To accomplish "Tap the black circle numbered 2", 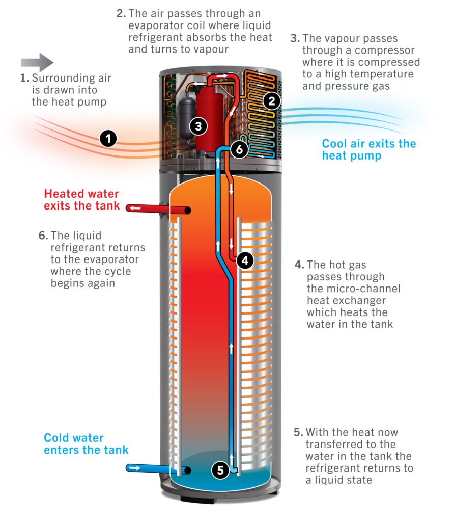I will point(272,101).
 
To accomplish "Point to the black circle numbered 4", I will point(245,260).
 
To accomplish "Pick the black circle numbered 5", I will point(220,469).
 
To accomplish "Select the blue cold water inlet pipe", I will point(153,467).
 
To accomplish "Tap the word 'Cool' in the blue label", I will point(336,143).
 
